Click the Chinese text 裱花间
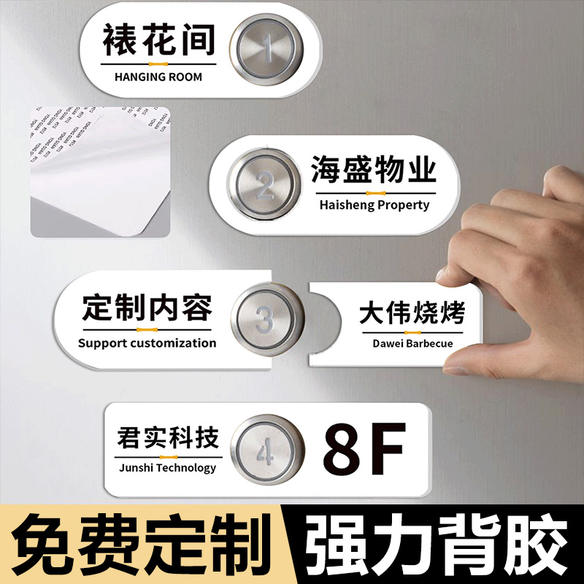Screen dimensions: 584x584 click(x=158, y=39)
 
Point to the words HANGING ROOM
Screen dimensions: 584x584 click(x=158, y=77)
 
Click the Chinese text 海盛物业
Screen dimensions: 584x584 click(x=374, y=170)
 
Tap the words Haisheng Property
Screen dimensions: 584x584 click(x=374, y=205)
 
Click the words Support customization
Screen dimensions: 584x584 click(x=147, y=342)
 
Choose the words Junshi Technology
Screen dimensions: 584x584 click(x=167, y=467)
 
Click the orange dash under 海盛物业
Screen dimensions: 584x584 click(x=374, y=193)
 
